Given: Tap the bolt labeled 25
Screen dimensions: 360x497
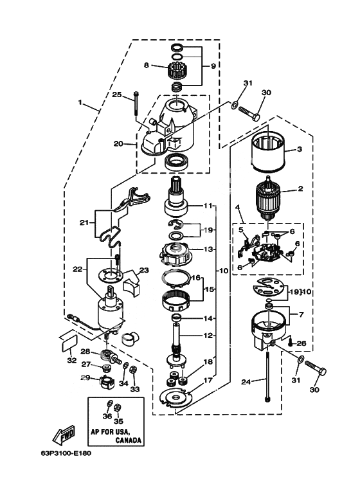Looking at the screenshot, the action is (136, 103).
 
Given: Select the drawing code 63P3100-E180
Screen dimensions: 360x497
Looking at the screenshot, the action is (66, 453).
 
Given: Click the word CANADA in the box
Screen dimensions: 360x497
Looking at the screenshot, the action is (128, 440).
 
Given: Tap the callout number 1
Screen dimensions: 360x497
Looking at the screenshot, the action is (80, 102).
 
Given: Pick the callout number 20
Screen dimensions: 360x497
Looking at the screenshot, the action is (118, 144).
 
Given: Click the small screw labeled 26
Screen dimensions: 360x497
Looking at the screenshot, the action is (291, 343).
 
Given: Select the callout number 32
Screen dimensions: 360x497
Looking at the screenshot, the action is (72, 361).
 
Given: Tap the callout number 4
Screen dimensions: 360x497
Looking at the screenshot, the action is (237, 208).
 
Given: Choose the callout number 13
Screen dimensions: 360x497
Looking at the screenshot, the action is (208, 249).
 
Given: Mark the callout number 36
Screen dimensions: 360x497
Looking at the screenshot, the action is (107, 416).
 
